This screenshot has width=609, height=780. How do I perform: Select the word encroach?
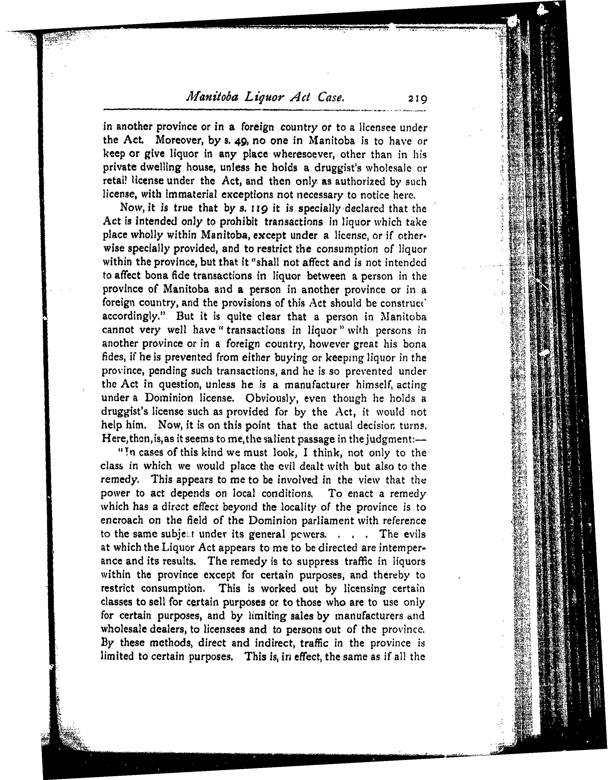(x=122, y=520)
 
